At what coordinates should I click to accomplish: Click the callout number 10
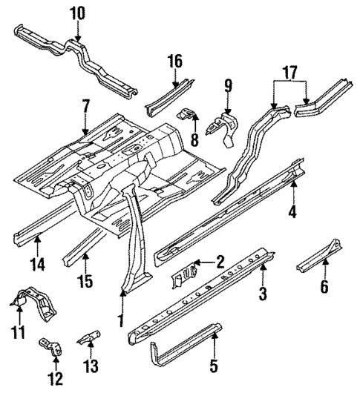pos(78,13)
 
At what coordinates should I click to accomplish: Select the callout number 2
pos(220,260)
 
